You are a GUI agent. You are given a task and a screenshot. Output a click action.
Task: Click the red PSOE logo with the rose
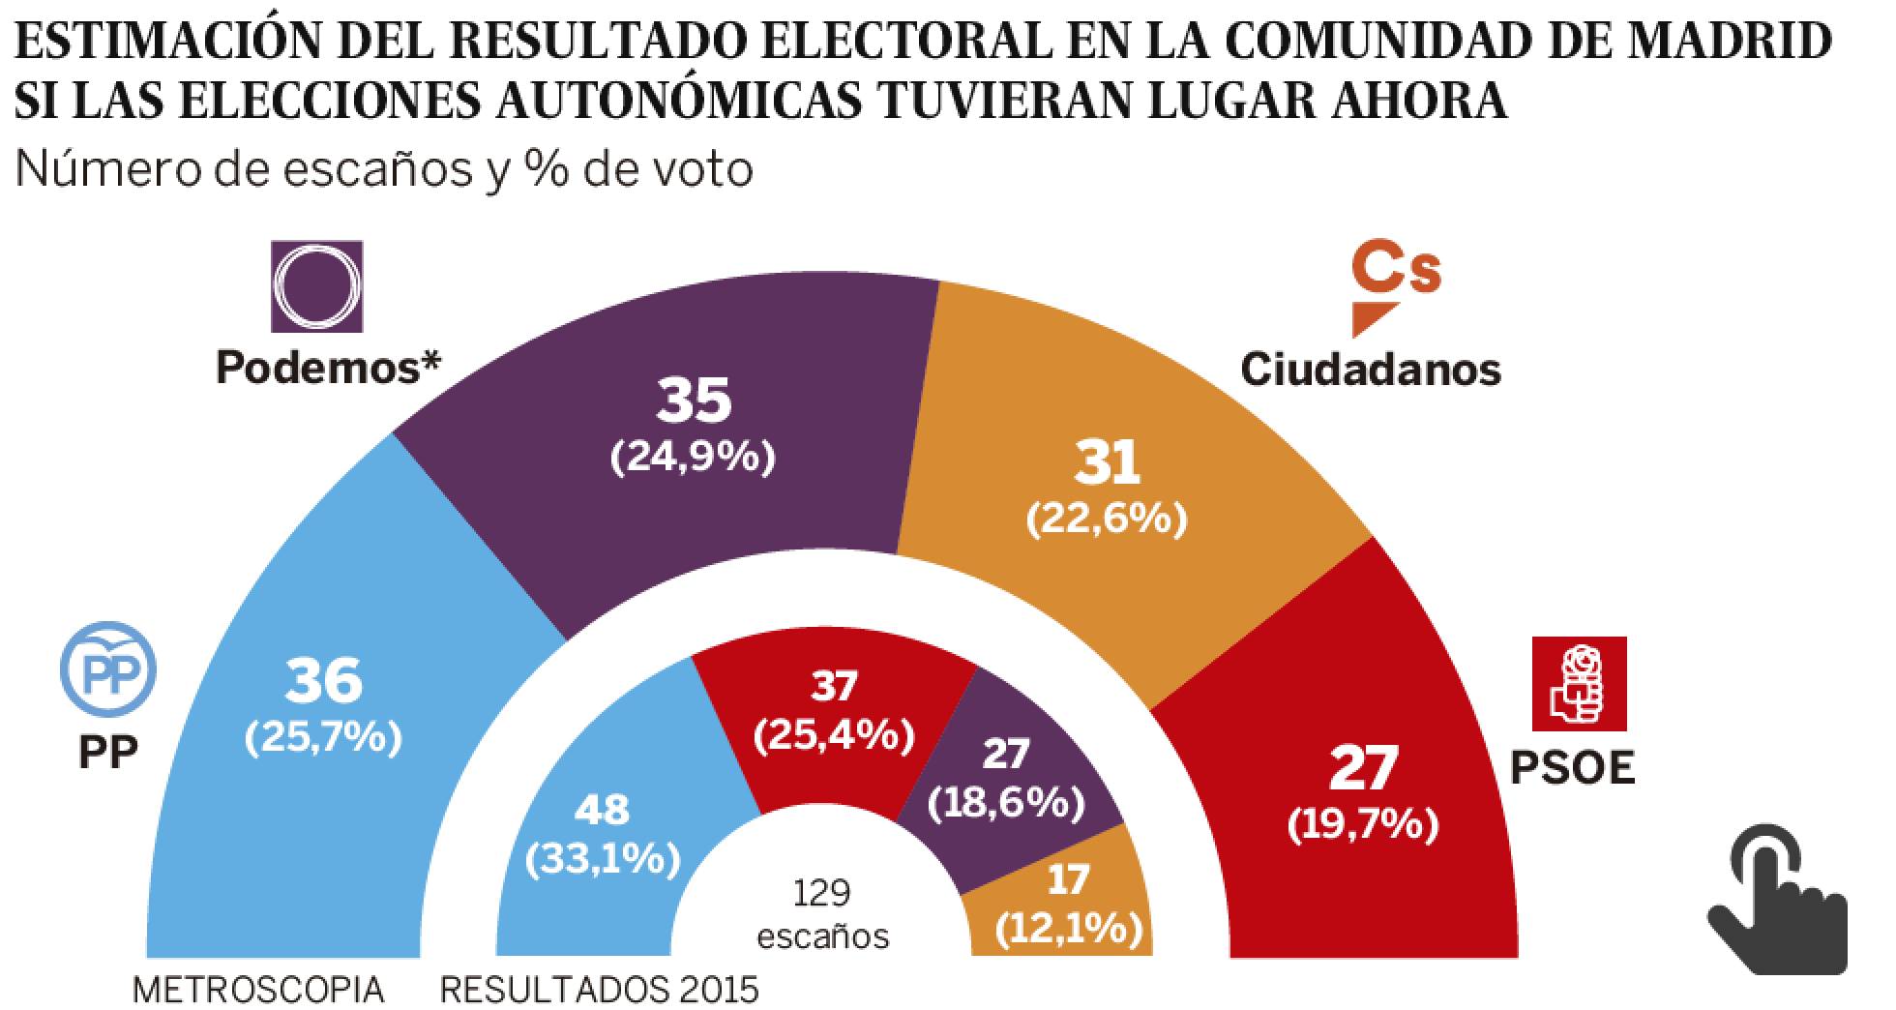click(x=1579, y=684)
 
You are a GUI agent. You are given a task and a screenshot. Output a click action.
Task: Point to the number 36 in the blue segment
click(x=324, y=681)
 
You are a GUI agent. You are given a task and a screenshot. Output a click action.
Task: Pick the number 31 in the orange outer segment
click(x=1108, y=463)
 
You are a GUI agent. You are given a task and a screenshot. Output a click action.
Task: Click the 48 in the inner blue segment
click(x=601, y=810)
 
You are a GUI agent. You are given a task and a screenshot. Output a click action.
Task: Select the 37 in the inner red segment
click(x=834, y=687)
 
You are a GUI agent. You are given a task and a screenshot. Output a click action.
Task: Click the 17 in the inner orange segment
click(x=1068, y=879)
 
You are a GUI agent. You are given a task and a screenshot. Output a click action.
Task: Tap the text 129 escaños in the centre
click(x=822, y=913)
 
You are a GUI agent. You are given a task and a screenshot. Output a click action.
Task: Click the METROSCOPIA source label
click(x=258, y=990)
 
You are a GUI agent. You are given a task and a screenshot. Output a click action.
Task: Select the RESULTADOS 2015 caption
click(x=599, y=990)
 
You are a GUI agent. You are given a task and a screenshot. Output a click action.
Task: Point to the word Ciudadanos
click(x=1371, y=369)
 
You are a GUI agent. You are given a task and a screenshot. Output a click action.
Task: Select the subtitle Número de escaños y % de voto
click(x=384, y=170)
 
